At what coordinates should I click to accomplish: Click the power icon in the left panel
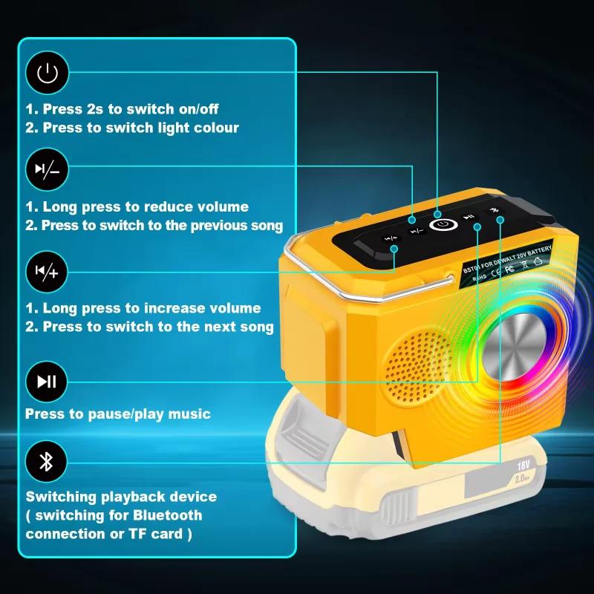tap(47, 73)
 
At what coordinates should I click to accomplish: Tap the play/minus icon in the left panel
tap(47, 170)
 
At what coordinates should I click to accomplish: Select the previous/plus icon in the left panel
tap(47, 272)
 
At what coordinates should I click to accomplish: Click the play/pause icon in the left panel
tap(47, 382)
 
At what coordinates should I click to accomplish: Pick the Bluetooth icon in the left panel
tap(47, 462)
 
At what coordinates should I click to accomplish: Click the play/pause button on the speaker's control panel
tap(469, 218)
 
